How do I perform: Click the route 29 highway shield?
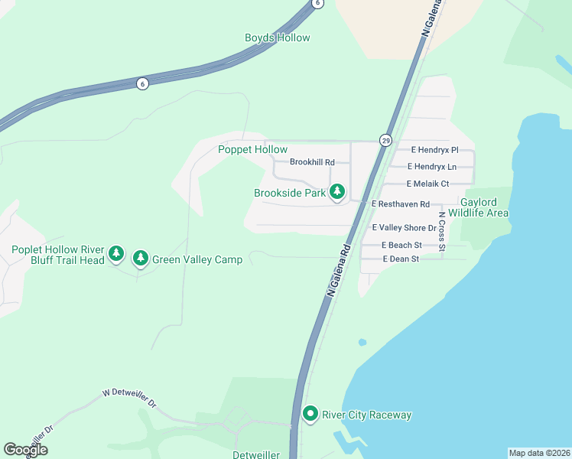[x=385, y=141]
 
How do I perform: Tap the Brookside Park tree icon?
[x=337, y=193]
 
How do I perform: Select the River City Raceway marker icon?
[x=310, y=415]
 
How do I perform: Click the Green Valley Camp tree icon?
[x=140, y=259]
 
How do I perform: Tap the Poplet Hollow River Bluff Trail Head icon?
[x=115, y=253]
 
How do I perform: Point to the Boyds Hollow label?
[x=278, y=37]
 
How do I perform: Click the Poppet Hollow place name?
[x=252, y=150]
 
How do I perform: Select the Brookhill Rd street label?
[x=312, y=162]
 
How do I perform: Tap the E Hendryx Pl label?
[x=434, y=150]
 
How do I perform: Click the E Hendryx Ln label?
[x=432, y=166]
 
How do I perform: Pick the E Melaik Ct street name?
[x=427, y=184]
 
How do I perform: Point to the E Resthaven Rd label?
[x=401, y=204]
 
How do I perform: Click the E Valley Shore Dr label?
[x=404, y=228]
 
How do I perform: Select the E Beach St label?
[x=402, y=245]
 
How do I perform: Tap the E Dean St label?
[x=401, y=259]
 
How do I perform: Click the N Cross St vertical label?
[x=441, y=236]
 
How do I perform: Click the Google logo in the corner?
[x=25, y=450]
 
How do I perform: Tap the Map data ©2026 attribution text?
[x=539, y=453]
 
